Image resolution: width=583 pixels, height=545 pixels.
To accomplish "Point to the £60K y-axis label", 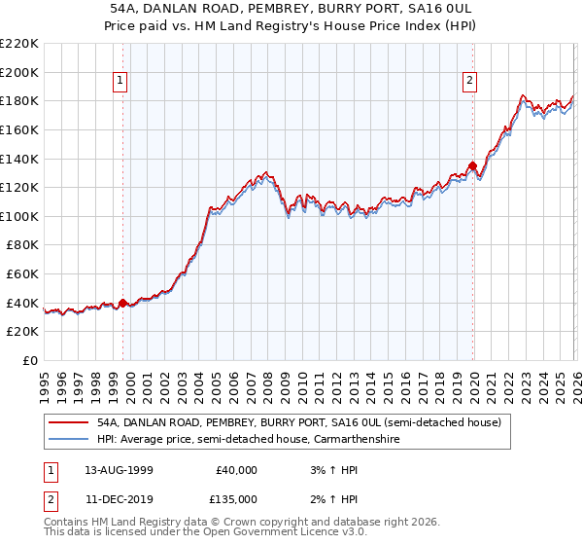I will pos(22,274).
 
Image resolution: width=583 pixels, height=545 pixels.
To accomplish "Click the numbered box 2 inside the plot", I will pos(470,82).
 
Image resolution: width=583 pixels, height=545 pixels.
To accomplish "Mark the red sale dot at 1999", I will pos(122,303).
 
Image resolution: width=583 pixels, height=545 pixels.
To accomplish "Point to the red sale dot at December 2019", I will pos(472,165).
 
